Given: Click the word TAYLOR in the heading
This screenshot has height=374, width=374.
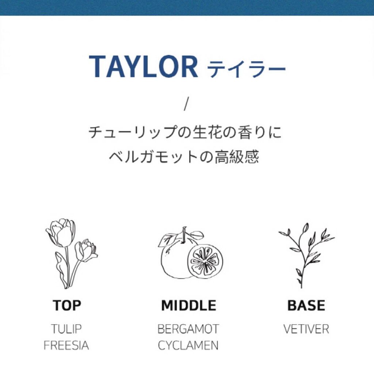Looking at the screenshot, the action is point(143,66).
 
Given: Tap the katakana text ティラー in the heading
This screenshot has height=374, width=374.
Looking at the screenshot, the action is point(247,69).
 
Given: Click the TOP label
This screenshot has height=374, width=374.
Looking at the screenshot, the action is point(67,305).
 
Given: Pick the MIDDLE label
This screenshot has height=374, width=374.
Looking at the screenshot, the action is point(189,305).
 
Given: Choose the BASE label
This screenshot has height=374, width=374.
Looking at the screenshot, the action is point(306,305).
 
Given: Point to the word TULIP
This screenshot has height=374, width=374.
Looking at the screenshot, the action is point(66,329).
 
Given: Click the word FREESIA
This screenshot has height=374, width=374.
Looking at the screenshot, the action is point(66,345).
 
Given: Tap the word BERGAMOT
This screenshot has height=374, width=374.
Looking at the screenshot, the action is point(188,329).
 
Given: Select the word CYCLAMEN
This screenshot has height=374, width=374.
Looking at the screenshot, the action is point(188,345).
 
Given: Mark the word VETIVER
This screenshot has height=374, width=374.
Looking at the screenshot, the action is point(306,329).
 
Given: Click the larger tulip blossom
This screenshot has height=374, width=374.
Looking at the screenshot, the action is point(61,233).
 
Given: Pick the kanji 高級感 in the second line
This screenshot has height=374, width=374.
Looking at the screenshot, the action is point(237,157).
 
